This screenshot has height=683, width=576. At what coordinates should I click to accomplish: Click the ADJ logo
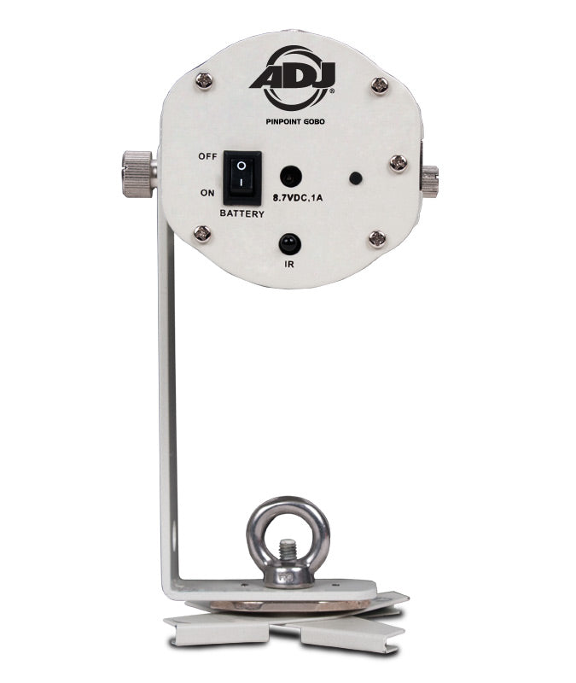293,79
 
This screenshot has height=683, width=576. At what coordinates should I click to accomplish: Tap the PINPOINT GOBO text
295,122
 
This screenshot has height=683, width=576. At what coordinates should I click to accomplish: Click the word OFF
207,156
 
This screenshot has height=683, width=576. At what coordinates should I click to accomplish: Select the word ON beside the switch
207,193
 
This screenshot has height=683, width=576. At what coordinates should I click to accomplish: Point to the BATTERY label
242,214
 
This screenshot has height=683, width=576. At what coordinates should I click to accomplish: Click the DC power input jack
290,178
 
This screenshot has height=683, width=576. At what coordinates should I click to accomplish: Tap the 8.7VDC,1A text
298,198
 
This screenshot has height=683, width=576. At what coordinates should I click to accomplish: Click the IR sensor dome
290,244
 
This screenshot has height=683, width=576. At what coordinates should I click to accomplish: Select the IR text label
289,265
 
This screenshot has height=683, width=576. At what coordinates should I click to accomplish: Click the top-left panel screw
204,80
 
